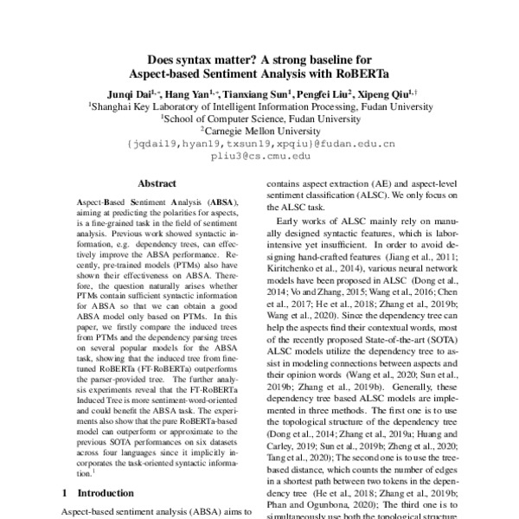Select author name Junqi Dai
click(127, 93)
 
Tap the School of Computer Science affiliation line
click(260, 119)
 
